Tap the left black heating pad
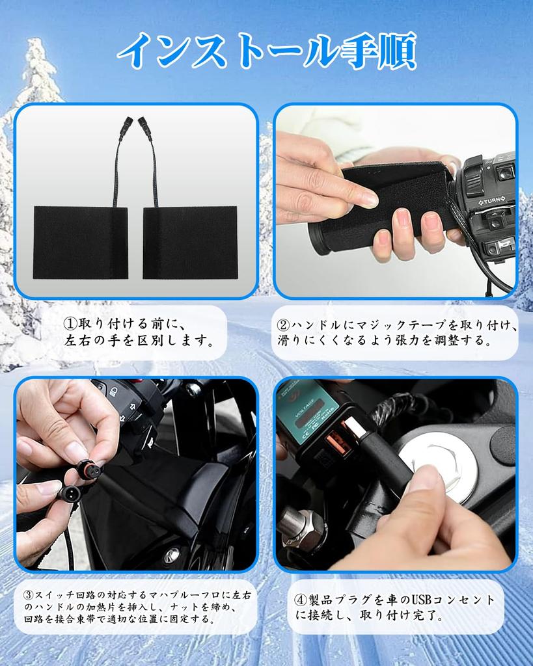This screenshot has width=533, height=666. (81, 242)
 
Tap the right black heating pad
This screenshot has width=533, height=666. (190, 242)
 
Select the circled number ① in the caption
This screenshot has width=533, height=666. (70, 323)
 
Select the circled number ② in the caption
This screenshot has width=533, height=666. (283, 325)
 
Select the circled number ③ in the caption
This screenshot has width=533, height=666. (29, 595)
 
